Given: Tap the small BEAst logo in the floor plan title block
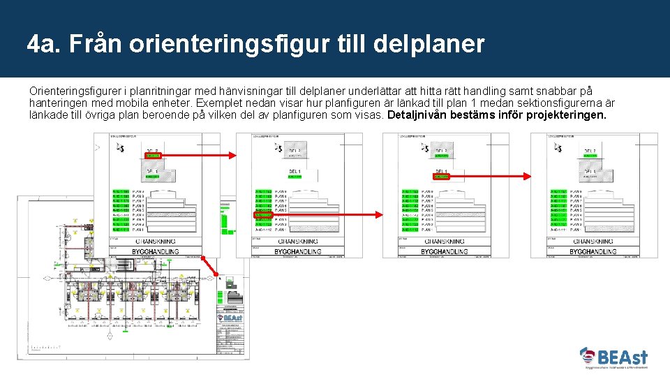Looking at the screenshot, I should pos(230,318).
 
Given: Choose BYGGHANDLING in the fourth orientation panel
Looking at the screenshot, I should pos(593,251).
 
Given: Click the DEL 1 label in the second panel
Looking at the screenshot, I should pos(294,171).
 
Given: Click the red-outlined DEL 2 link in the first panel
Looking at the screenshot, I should pos(151,156).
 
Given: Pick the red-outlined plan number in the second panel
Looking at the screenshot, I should pos(263,214).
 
